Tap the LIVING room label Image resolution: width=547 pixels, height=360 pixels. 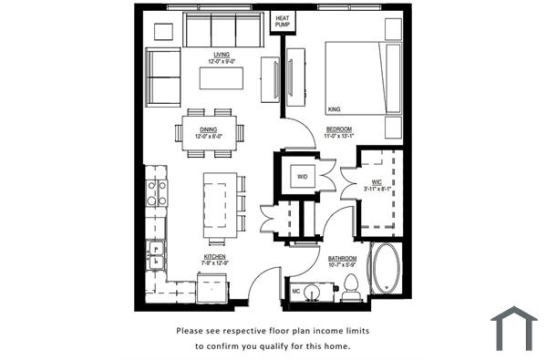click(x=222, y=57)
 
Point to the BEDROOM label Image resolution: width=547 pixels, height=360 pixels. click(x=341, y=132)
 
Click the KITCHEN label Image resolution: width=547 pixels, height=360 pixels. click(x=214, y=260)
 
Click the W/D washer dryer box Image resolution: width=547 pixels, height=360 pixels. click(x=302, y=175)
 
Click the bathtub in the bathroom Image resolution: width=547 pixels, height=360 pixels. click(x=384, y=269)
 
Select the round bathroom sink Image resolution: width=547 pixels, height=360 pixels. click(x=313, y=293)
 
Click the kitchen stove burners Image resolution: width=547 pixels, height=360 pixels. click(x=157, y=192)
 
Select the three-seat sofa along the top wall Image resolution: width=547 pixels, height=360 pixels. click(x=223, y=31)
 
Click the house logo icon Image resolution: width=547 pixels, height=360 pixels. click(x=513, y=329)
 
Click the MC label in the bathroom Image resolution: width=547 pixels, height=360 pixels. click(x=296, y=292)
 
